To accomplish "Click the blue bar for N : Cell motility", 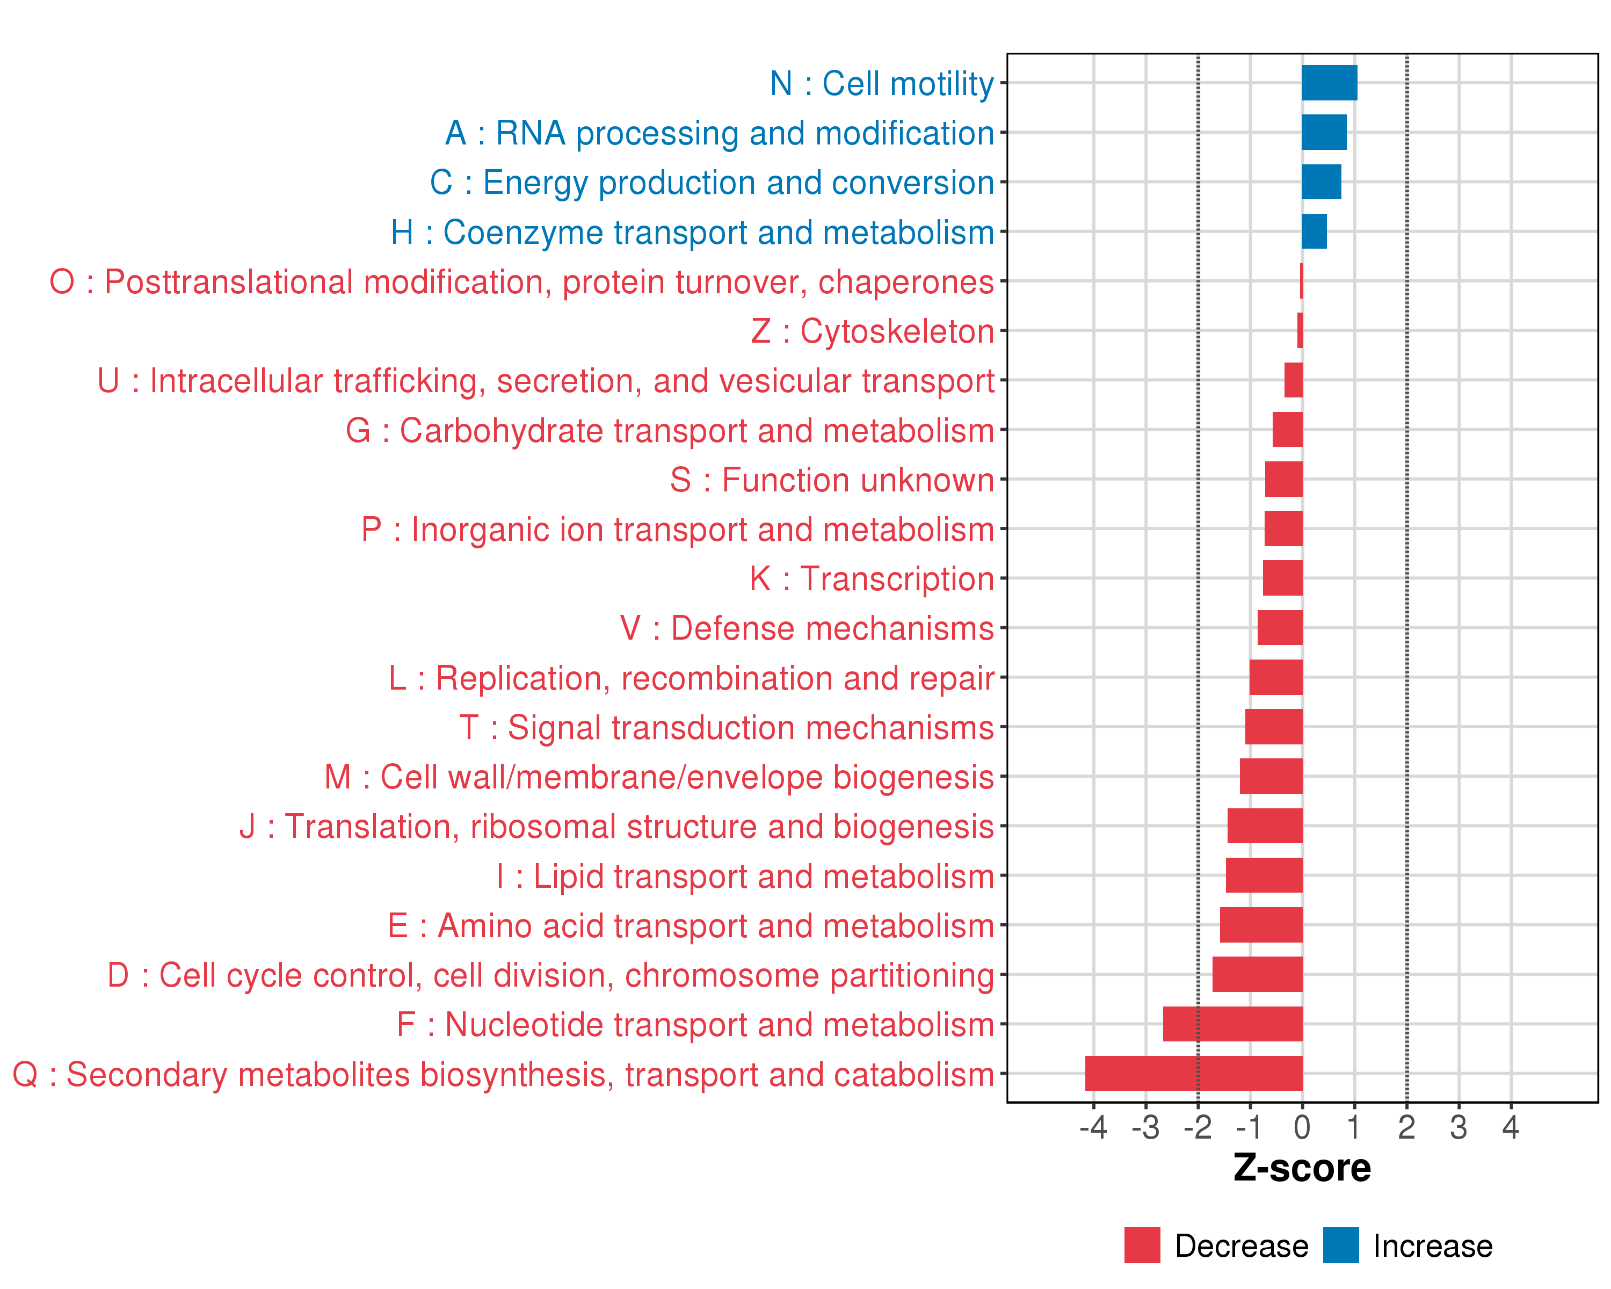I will [x=1329, y=83].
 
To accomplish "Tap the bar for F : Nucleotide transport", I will [x=1232, y=1024].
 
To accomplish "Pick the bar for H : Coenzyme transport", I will [x=1315, y=231].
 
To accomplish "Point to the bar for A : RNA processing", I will [x=1324, y=132].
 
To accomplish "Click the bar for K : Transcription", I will [x=1282, y=578].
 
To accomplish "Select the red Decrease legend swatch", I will [x=1142, y=1245].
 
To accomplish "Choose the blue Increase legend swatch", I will [x=1340, y=1245].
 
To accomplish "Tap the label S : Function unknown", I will [x=832, y=480].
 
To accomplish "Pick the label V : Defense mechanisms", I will [x=807, y=628].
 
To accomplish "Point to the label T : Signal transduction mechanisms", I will [x=727, y=728].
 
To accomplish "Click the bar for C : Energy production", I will [x=1321, y=182].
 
